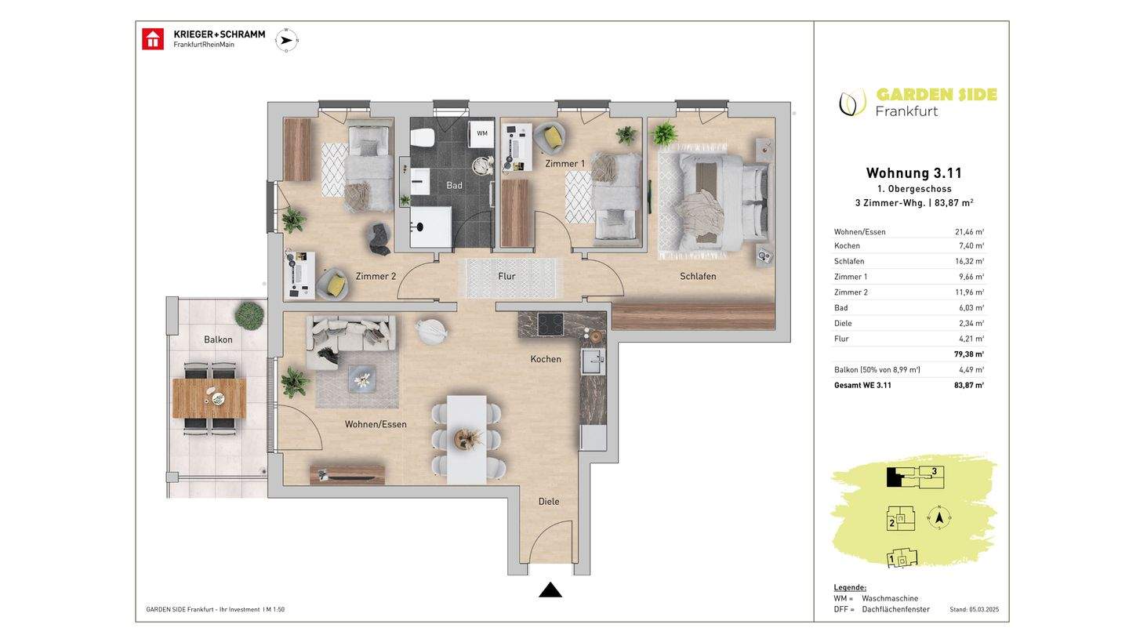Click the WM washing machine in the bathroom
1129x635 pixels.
coord(481,133)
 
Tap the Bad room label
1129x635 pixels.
coord(454,186)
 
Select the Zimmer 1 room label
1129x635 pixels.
coord(565,164)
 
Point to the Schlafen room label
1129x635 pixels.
coord(698,276)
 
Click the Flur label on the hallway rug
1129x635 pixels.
coord(506,276)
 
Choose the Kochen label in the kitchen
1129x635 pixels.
coord(546,359)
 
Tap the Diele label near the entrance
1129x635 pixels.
coord(549,502)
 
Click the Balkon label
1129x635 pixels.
coord(218,339)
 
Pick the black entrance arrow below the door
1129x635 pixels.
coord(550,590)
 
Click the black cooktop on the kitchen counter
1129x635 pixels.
coord(550,324)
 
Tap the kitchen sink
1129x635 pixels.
coord(594,361)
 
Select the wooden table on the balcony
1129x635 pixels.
coord(209,398)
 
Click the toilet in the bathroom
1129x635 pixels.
coord(423,138)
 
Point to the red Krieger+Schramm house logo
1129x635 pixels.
coord(153,39)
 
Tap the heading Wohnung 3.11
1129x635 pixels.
coord(914,172)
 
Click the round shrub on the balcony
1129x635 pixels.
coord(249,315)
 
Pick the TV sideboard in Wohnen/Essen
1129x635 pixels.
coord(347,475)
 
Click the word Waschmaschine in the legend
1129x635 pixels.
coord(890,598)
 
